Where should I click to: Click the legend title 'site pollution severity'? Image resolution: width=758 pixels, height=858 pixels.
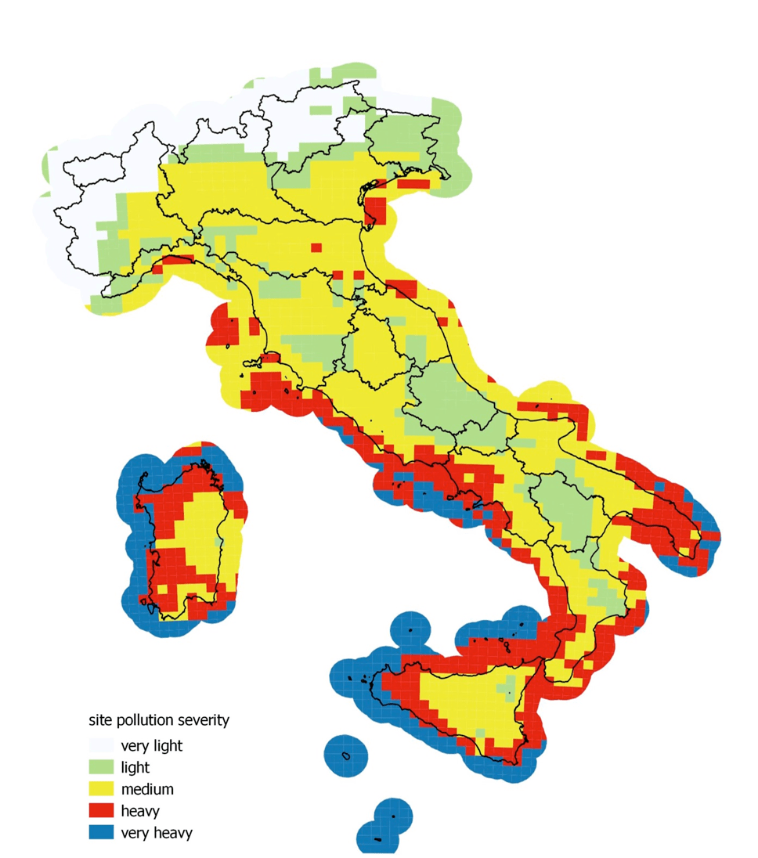[x=158, y=719]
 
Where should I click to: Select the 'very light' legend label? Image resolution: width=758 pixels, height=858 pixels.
[x=151, y=745]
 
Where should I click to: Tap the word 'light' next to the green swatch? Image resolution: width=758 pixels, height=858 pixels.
[x=135, y=767]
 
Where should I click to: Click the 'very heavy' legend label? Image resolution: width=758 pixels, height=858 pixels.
[x=156, y=833]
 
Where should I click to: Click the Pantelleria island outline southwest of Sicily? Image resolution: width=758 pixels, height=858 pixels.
[x=345, y=755]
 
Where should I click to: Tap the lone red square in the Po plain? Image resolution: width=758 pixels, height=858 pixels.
[x=316, y=247]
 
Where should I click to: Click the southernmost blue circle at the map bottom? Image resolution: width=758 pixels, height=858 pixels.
[x=377, y=838]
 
